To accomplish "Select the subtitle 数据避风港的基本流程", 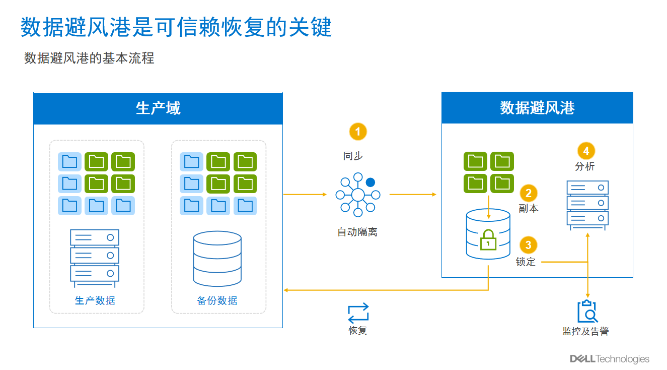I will [x=89, y=58].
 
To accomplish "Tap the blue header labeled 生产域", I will [x=158, y=108].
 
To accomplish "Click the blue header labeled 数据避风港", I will [x=537, y=108].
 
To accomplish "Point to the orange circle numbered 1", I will [x=358, y=132].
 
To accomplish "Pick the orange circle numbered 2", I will [x=529, y=193].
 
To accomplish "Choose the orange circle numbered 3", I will [x=528, y=245].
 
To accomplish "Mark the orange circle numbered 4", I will [x=585, y=151].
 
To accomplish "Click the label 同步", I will [x=353, y=156].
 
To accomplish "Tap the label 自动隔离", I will [x=357, y=232].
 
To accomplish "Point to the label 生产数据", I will [x=95, y=300].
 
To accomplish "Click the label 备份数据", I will [x=217, y=300].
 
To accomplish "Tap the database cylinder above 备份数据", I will [x=217, y=259].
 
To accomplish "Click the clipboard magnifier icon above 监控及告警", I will [x=587, y=312].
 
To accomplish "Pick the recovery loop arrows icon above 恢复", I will [x=358, y=313].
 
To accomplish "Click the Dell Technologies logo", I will [x=610, y=359].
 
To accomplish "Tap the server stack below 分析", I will [x=587, y=205].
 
